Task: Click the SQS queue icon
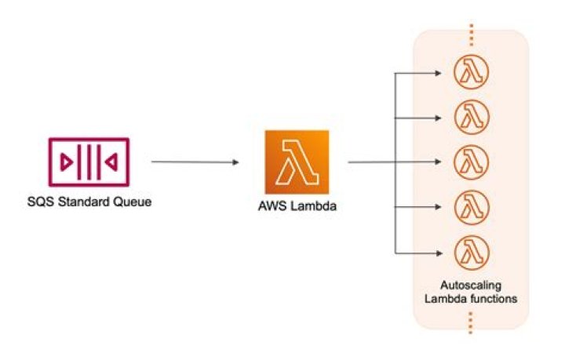tap(89, 162)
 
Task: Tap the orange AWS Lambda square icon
tap(297, 162)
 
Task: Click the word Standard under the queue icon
tap(84, 202)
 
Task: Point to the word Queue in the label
tap(133, 202)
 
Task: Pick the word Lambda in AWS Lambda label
tap(313, 206)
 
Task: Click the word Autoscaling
tap(471, 285)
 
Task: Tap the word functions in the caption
tap(493, 299)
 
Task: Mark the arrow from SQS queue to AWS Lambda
tap(195, 162)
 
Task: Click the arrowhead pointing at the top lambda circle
tap(438, 73)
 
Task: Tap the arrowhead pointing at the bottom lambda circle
tap(438, 253)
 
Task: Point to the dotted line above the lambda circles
tap(472, 35)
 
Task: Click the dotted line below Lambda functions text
tap(471, 323)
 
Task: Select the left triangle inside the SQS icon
tap(66, 162)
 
